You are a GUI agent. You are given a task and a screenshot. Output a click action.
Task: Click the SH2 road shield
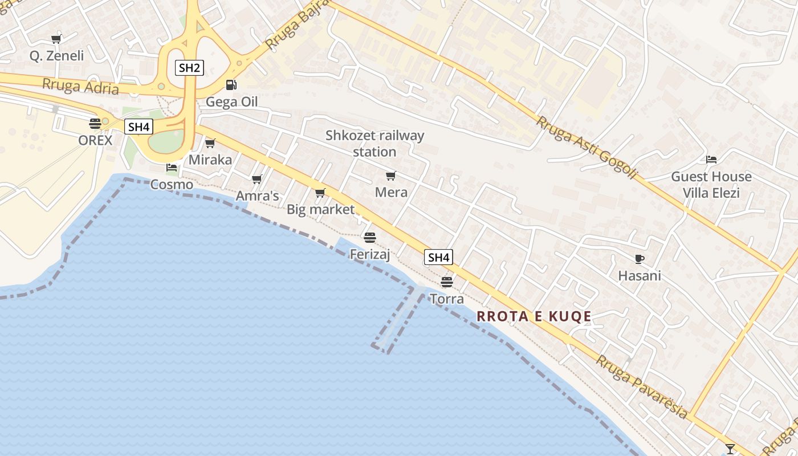189,68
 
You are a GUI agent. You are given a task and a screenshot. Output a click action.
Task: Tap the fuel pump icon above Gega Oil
231,85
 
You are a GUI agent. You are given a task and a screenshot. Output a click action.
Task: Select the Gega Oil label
231,102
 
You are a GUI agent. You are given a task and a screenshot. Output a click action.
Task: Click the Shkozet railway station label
374,144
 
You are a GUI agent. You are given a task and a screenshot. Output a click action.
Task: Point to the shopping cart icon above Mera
390,176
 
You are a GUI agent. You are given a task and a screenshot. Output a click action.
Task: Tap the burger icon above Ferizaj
370,237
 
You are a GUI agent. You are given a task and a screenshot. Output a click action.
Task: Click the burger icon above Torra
447,282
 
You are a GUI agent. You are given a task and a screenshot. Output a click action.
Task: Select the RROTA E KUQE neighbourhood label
534,316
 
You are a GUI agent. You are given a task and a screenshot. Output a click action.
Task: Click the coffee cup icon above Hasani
640,259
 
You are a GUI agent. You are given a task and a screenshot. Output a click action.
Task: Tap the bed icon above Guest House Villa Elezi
711,160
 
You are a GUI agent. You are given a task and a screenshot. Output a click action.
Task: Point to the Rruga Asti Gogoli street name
586,148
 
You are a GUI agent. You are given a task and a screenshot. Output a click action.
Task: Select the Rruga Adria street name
80,86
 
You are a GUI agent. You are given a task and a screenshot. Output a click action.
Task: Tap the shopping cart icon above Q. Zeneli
56,39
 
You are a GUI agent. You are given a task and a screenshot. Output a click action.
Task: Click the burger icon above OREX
95,123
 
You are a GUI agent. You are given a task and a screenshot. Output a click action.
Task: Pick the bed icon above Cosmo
172,168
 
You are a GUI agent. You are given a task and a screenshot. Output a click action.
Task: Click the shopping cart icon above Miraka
210,143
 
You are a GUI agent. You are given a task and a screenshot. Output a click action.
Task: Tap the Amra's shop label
258,196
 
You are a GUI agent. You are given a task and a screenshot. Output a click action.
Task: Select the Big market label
320,209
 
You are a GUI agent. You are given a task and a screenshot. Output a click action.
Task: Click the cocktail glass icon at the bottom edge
730,449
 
